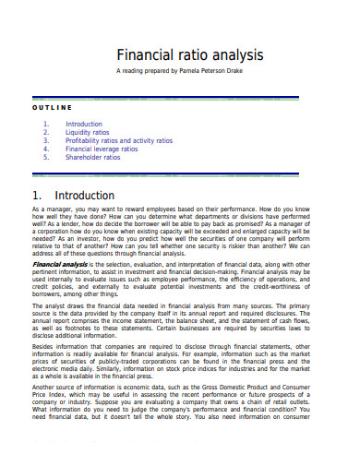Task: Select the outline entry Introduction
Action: point(84,124)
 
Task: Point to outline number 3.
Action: point(45,140)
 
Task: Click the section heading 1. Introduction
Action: point(73,196)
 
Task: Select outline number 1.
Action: point(45,124)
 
